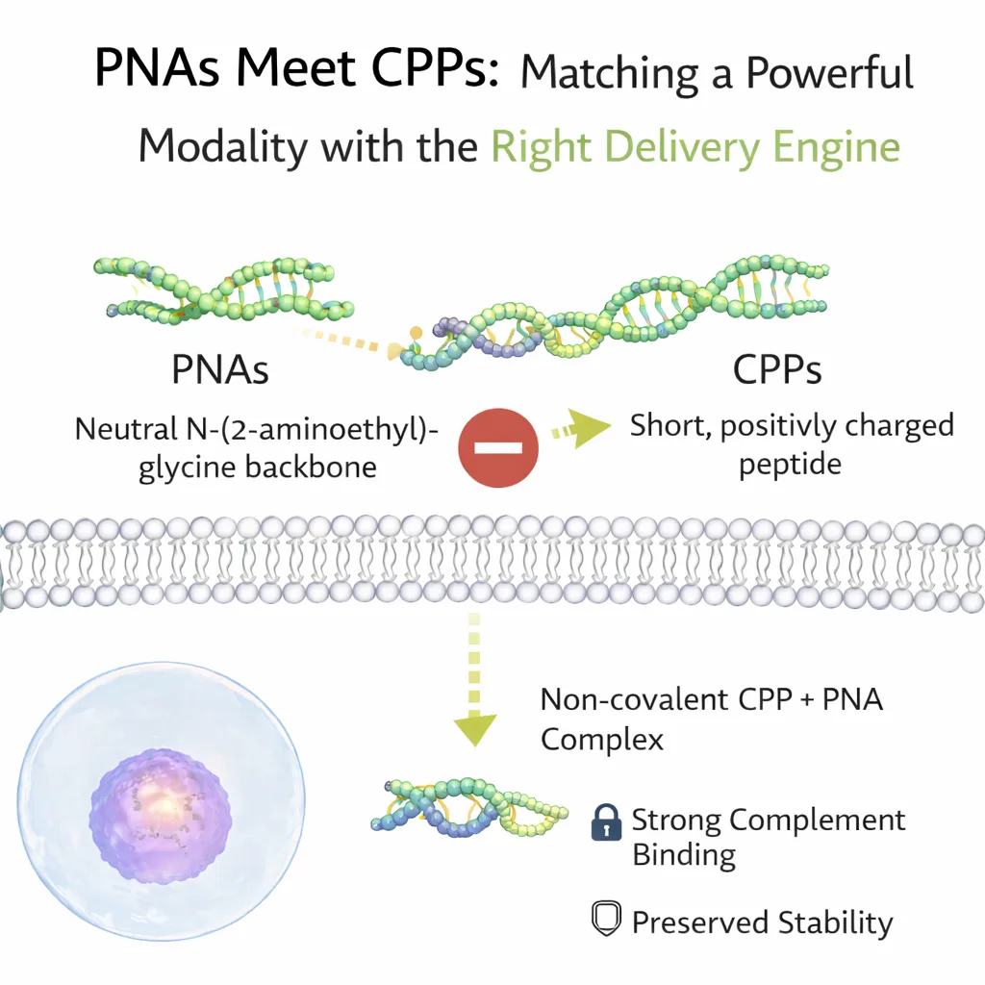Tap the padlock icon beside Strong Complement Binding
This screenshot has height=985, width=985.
pos(605,822)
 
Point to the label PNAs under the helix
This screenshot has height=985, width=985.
pos(219,369)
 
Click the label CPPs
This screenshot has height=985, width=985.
pos(777,369)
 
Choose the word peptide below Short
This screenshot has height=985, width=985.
pos(790,465)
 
